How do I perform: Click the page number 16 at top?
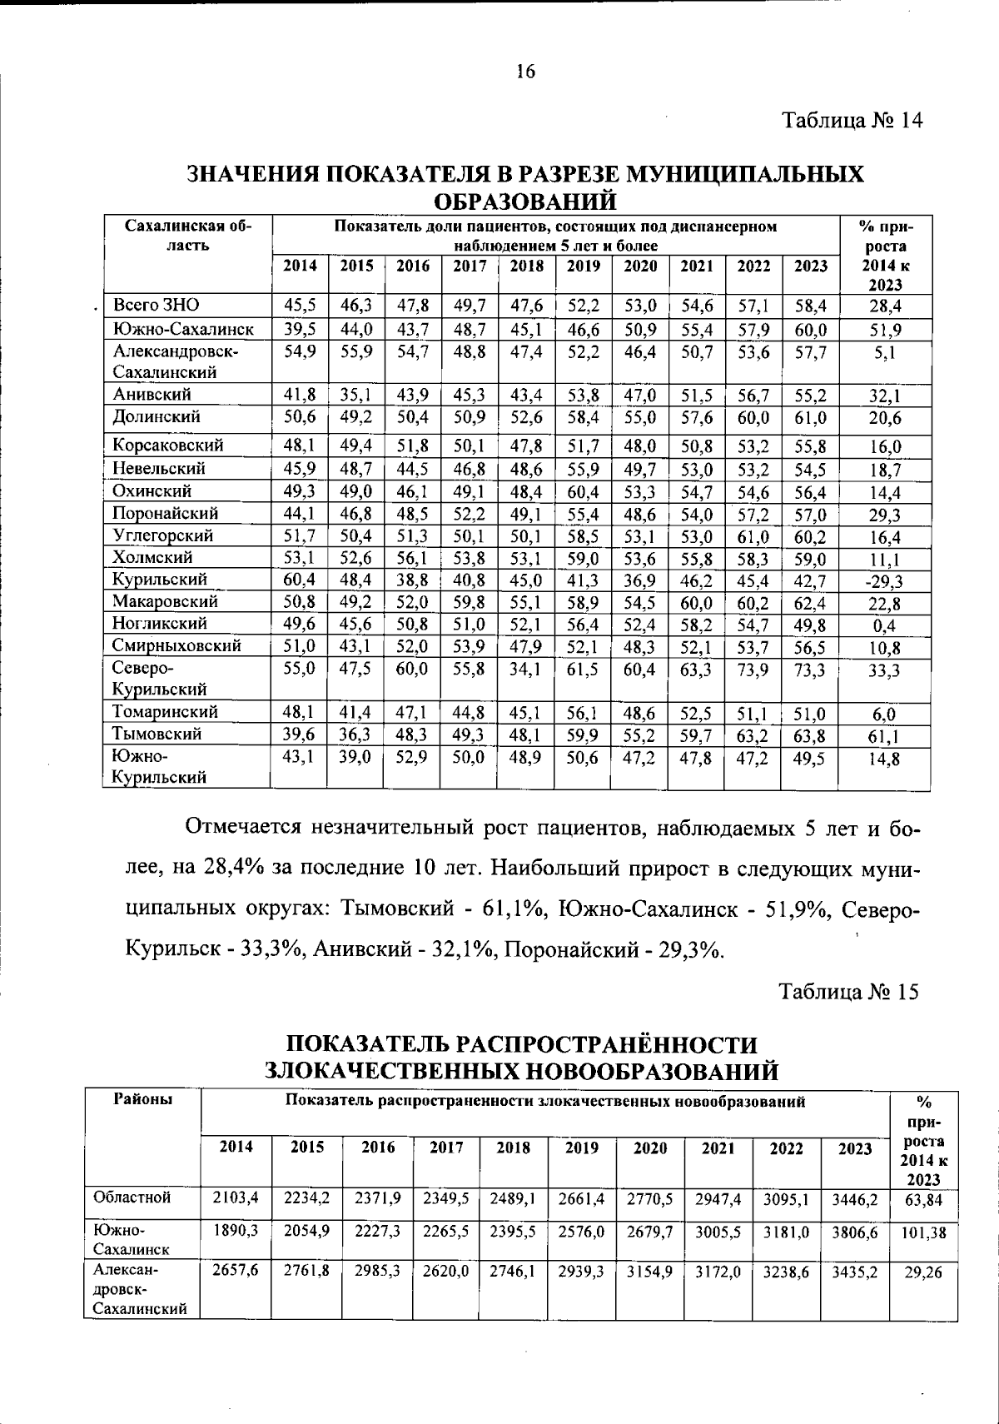(x=525, y=72)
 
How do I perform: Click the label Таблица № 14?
(x=852, y=121)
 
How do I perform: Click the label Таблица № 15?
(x=848, y=992)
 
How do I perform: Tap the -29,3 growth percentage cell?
(x=884, y=581)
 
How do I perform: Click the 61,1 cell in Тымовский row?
(x=884, y=736)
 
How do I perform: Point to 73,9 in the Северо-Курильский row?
(x=753, y=669)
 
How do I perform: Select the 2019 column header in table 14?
(x=584, y=266)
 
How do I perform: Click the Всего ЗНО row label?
(x=157, y=305)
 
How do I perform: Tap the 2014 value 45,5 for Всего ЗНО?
(x=300, y=306)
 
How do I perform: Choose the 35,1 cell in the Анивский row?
(x=355, y=395)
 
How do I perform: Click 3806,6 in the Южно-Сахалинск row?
(x=855, y=1232)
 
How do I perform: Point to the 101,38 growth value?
(x=923, y=1232)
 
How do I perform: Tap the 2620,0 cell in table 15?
(x=445, y=1272)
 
